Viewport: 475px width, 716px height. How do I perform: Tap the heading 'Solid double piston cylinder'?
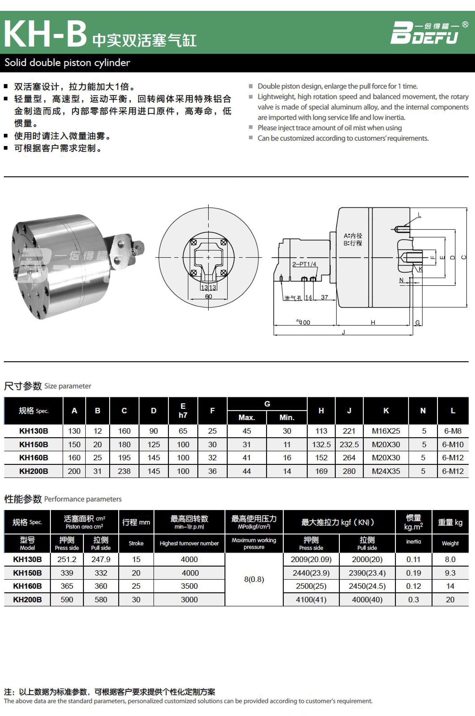pos(67,63)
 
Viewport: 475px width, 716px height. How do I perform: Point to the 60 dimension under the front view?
pos(208,297)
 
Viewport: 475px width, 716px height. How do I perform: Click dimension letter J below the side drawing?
pos(343,332)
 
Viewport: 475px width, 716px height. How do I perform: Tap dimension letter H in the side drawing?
pos(373,323)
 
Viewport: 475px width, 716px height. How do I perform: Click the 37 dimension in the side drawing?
pos(324,298)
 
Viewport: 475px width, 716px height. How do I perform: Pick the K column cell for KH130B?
pos(386,431)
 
